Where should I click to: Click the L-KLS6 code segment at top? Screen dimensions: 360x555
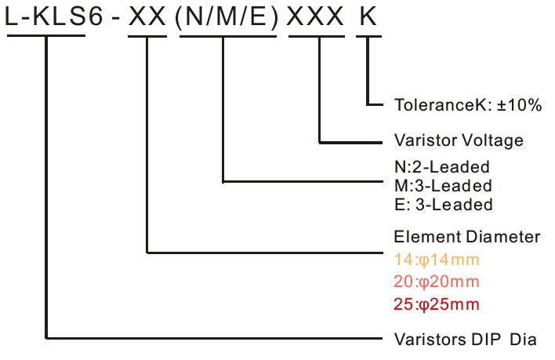click(54, 16)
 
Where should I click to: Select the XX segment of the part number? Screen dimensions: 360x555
click(147, 16)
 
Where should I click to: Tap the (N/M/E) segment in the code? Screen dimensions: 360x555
click(226, 16)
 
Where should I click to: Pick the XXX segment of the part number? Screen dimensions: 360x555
click(319, 16)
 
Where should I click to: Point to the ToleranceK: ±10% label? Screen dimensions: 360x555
click(468, 105)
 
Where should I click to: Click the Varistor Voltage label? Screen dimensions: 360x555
click(459, 142)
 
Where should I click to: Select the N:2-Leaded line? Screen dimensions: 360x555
click(442, 167)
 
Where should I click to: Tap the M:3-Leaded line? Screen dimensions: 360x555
click(443, 186)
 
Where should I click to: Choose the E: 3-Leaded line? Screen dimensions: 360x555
click(444, 205)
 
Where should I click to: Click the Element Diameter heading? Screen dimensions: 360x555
click(467, 237)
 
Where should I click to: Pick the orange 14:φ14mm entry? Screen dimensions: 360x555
click(436, 260)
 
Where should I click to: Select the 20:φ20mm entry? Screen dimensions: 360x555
click(437, 282)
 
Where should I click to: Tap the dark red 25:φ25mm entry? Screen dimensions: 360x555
click(437, 304)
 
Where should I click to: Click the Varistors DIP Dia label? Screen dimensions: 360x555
click(465, 340)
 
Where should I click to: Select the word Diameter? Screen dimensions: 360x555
click(507, 237)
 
